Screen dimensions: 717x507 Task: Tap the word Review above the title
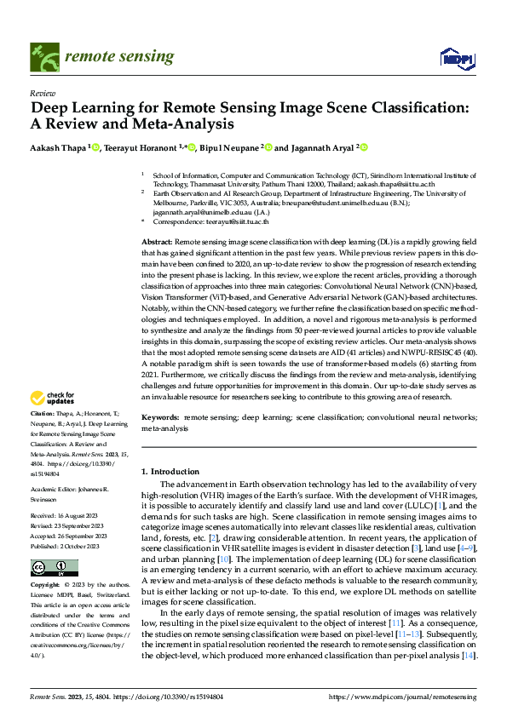(43, 93)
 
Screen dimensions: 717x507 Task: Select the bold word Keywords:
(160, 419)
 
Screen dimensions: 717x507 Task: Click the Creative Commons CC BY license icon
(43, 568)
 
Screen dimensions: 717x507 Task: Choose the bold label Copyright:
(46, 587)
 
